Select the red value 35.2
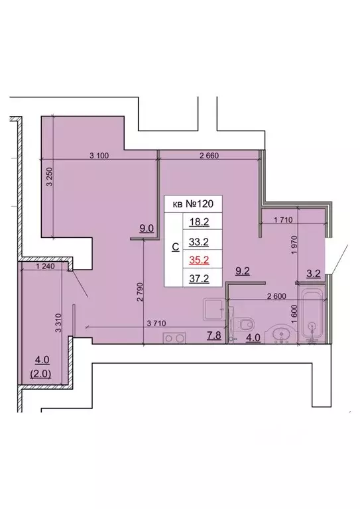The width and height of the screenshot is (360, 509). click(200, 259)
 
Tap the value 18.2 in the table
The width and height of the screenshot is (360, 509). click(200, 223)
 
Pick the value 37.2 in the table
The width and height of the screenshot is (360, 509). click(200, 278)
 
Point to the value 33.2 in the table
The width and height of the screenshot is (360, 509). click(200, 241)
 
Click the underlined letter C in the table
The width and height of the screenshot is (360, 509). click(175, 247)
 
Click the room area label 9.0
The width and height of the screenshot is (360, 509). click(146, 229)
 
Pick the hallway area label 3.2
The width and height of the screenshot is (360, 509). click(313, 271)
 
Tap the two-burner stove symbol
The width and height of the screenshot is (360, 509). click(174, 338)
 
